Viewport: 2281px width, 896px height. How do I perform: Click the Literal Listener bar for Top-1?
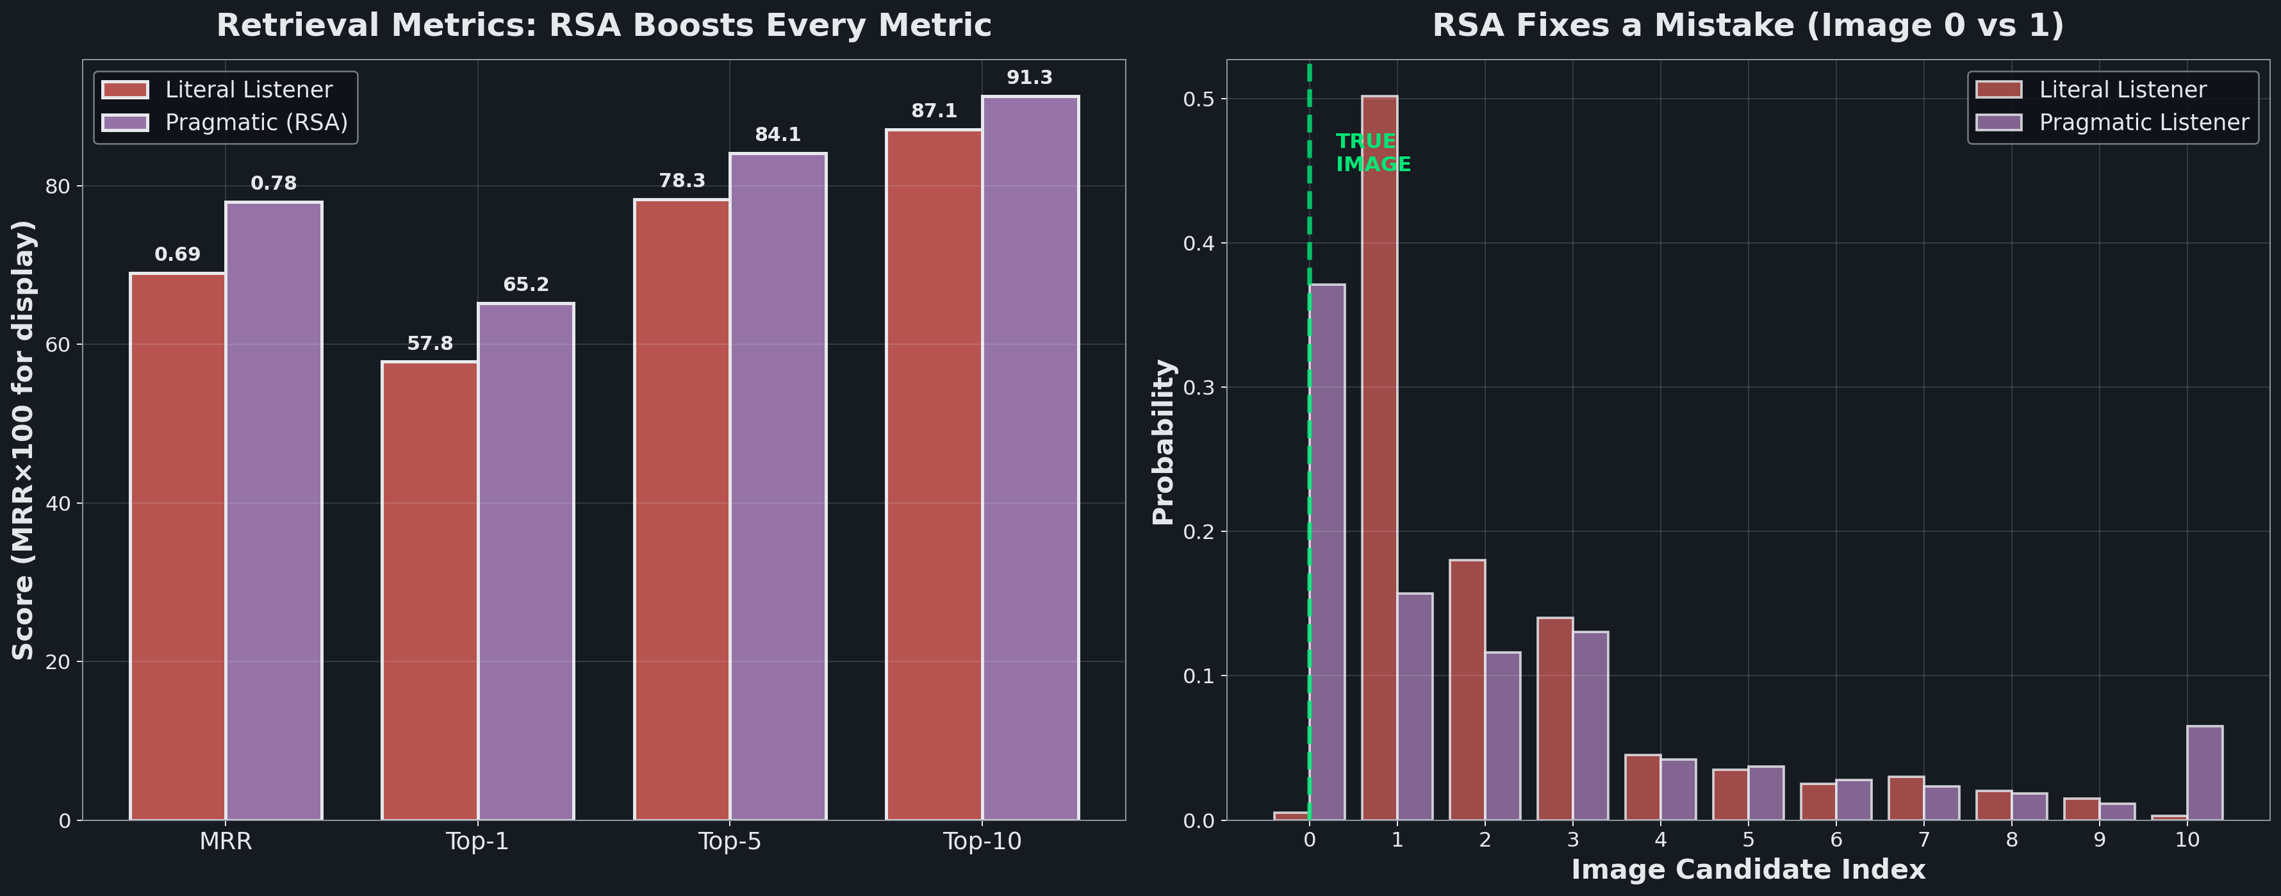point(431,590)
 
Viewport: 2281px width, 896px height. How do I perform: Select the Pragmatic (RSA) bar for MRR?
point(274,511)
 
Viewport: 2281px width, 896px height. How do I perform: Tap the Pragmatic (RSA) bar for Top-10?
point(1030,458)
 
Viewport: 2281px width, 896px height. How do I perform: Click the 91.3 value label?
point(1030,78)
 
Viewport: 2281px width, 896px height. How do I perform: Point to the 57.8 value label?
point(431,344)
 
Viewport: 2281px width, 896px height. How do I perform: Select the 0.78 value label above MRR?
point(274,183)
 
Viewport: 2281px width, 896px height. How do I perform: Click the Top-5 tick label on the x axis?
point(730,841)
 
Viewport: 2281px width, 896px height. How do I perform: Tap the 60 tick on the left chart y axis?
point(58,344)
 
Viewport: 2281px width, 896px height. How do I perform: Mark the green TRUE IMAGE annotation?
point(1372,153)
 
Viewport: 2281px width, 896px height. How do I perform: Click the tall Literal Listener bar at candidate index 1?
point(1379,458)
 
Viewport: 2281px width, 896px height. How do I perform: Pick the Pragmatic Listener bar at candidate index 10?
point(2205,773)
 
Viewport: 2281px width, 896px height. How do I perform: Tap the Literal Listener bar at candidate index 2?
point(1467,690)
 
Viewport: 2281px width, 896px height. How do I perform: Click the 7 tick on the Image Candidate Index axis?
point(1924,840)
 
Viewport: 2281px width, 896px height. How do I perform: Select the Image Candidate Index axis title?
point(1748,870)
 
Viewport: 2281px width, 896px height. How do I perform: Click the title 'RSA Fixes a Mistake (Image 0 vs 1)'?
point(1748,25)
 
